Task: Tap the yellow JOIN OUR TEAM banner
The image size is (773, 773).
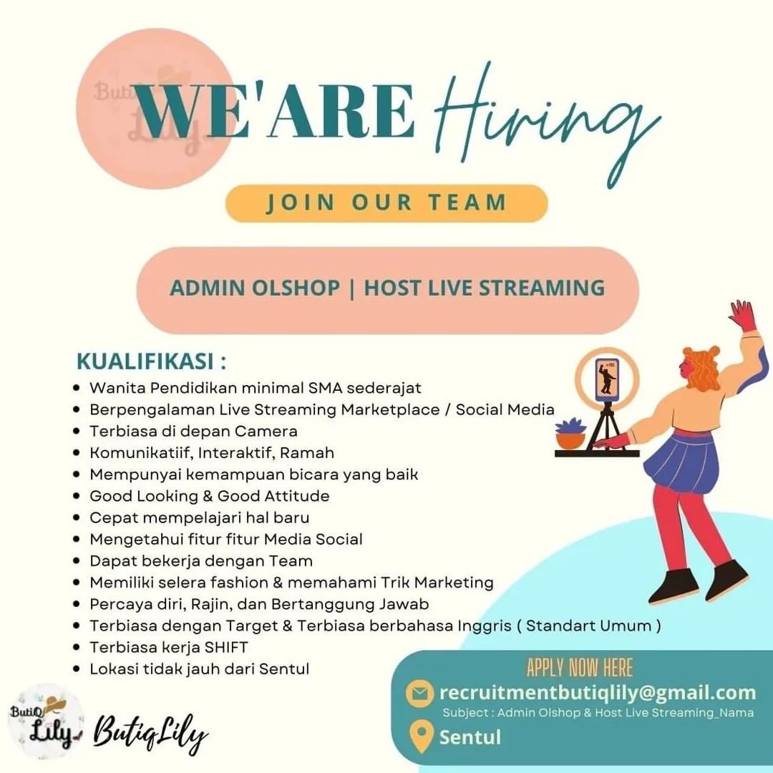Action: [386, 203]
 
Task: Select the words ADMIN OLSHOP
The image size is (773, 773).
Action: [255, 288]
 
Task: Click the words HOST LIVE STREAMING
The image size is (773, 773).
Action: [485, 288]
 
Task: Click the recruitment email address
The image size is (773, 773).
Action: [598, 692]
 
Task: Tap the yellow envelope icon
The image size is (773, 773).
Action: [419, 693]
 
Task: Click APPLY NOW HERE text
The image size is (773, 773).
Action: [580, 668]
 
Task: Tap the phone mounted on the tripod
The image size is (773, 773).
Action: [607, 378]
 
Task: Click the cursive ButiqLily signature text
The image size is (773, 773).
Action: [150, 733]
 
